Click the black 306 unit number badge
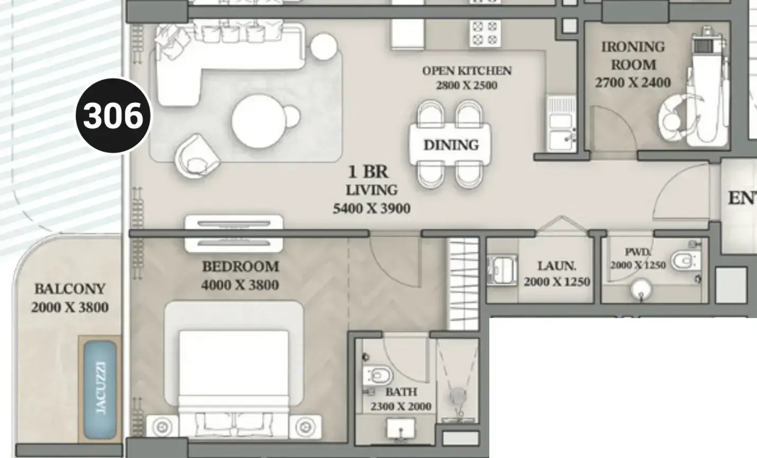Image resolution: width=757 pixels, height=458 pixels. (x=113, y=115)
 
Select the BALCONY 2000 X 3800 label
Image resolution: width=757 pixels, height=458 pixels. (x=70, y=298)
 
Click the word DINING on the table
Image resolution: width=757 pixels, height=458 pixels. (x=451, y=145)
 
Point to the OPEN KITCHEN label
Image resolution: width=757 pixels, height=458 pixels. (x=467, y=71)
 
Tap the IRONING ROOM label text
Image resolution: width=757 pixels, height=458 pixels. (x=633, y=56)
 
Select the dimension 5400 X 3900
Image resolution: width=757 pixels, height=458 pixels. (x=371, y=208)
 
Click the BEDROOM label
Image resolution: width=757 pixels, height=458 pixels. (x=240, y=266)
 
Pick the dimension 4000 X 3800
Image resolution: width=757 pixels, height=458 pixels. (x=240, y=285)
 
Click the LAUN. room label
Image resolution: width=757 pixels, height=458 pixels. (x=557, y=266)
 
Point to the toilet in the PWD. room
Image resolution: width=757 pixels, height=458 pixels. (x=686, y=261)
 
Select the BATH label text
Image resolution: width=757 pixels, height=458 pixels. (x=401, y=392)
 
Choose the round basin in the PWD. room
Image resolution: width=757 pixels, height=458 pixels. (x=642, y=289)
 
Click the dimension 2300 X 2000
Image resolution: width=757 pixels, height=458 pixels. (x=401, y=406)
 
